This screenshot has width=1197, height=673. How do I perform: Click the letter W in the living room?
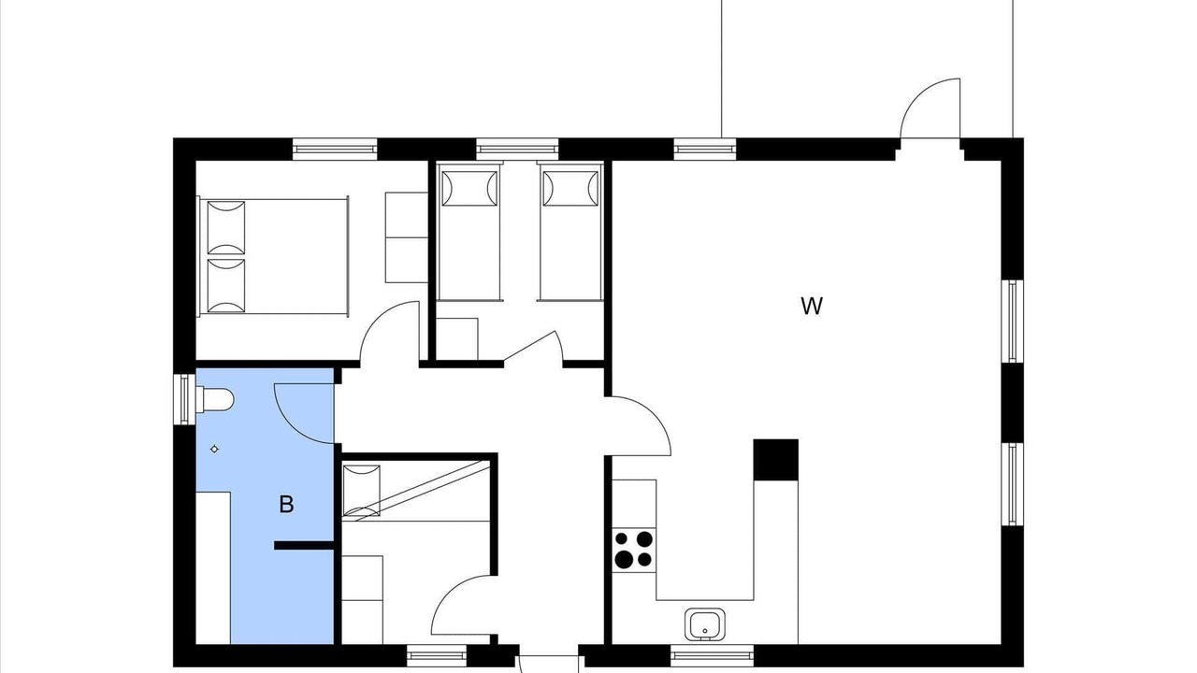pyautogui.click(x=812, y=306)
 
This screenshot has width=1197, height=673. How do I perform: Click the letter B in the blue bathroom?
pyautogui.click(x=286, y=504)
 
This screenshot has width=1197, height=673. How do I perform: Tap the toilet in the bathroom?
pyautogui.click(x=215, y=400)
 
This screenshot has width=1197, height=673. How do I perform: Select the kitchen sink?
pyautogui.click(x=705, y=623)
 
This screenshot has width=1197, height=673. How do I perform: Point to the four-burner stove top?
pyautogui.click(x=634, y=550)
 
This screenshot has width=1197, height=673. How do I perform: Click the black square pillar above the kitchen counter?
pyautogui.click(x=776, y=460)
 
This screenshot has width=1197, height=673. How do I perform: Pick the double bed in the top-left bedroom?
pyautogui.click(x=274, y=257)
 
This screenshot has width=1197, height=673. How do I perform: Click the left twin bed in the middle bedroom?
pyautogui.click(x=469, y=233)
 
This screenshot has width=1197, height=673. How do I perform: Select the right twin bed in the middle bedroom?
pyautogui.click(x=570, y=233)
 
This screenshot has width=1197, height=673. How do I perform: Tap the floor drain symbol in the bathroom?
pyautogui.click(x=214, y=450)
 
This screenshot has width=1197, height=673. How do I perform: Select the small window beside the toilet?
pyautogui.click(x=184, y=399)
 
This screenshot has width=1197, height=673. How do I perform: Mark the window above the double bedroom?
pyautogui.click(x=335, y=149)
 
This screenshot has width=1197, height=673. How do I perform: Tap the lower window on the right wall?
pyautogui.click(x=1012, y=484)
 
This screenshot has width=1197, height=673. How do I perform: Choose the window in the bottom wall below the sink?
pyautogui.click(x=712, y=655)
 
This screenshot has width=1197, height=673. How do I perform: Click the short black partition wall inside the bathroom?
pyautogui.click(x=304, y=545)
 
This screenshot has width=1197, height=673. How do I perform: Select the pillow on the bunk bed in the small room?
pyautogui.click(x=361, y=492)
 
